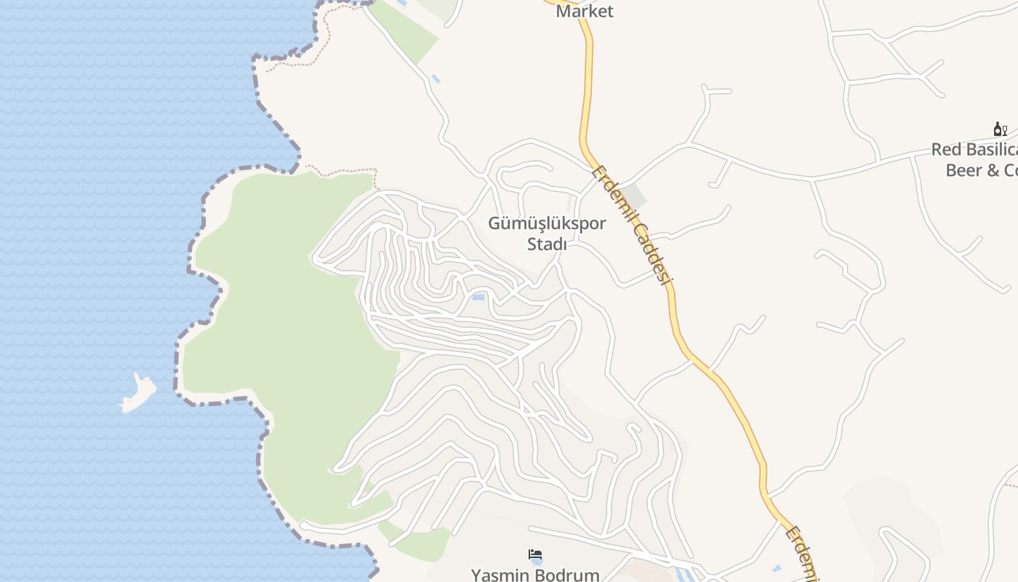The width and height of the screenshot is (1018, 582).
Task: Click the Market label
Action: point(585,11)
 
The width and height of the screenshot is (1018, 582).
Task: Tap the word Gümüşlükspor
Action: point(547,223)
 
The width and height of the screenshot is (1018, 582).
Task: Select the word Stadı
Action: point(547,244)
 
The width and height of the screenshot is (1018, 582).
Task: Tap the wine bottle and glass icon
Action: point(1001,129)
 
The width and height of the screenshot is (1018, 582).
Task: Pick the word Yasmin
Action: point(501,575)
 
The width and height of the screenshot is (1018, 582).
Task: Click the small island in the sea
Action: point(138,392)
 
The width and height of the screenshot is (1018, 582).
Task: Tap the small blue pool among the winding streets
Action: point(478,297)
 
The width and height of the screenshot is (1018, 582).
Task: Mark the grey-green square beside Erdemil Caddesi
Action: point(633,196)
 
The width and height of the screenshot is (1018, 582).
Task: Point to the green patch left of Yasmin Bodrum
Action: point(422,542)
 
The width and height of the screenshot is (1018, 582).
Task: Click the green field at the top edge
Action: point(407,29)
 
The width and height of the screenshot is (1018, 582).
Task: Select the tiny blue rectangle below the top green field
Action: point(436,78)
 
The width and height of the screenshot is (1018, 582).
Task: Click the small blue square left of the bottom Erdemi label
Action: point(777,567)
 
